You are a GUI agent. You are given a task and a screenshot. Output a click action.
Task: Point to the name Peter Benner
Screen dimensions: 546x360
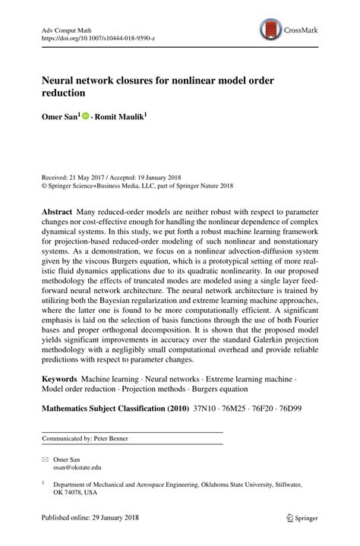tap(110, 439)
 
